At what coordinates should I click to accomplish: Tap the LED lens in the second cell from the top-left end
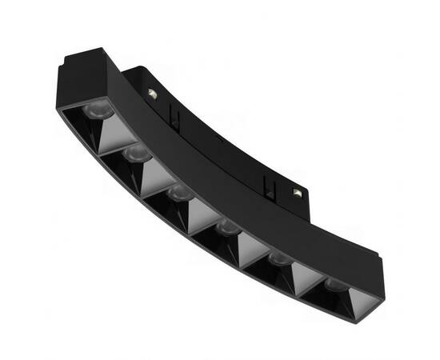(x=137, y=153)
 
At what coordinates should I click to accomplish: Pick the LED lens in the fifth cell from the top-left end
(x=278, y=258)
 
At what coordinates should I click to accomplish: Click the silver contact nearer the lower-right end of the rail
(x=298, y=192)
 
